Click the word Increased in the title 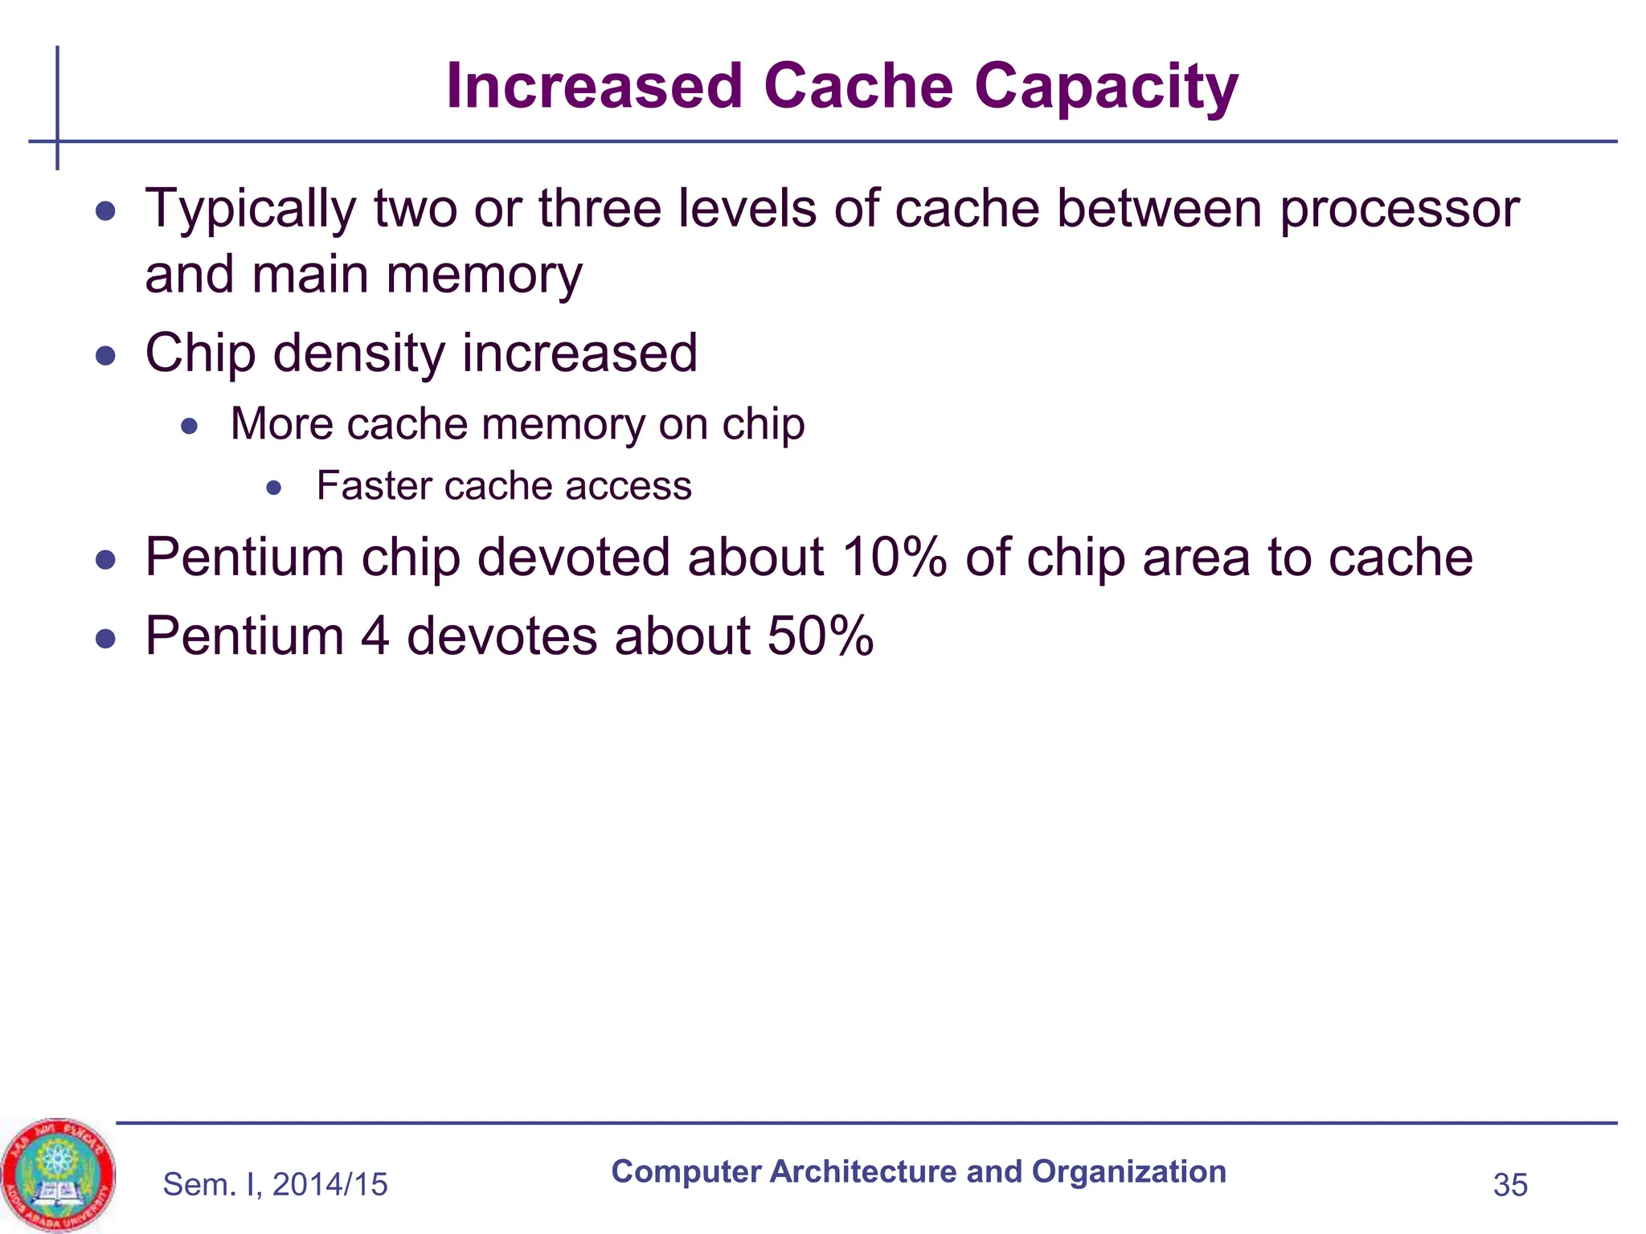[594, 87]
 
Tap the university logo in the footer [57, 1175]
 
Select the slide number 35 [1510, 1185]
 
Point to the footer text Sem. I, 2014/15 [275, 1185]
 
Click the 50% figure [820, 636]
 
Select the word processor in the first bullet [1399, 209]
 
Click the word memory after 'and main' [484, 275]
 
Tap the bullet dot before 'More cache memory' [189, 426]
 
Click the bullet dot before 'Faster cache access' [274, 488]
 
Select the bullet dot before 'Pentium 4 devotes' [105, 639]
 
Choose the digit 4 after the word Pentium [375, 636]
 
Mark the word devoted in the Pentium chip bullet [573, 557]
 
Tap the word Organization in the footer [1128, 1172]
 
